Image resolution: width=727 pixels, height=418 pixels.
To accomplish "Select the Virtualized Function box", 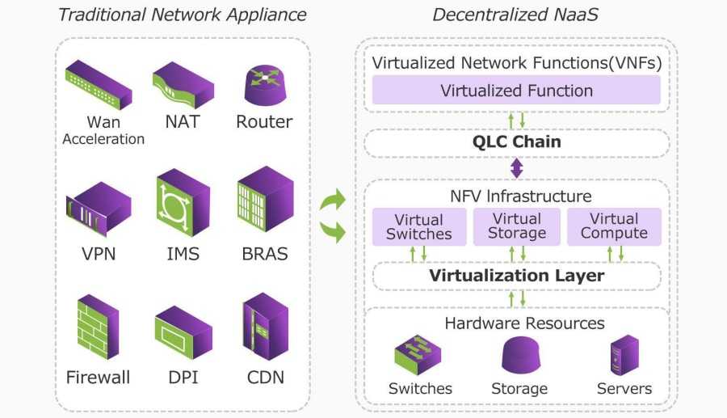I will (x=516, y=91).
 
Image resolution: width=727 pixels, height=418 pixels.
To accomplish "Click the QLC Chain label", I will (x=517, y=142).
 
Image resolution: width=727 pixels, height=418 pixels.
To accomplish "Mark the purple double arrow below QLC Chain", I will (x=517, y=169).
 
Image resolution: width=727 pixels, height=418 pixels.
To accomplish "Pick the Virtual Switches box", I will (x=419, y=226).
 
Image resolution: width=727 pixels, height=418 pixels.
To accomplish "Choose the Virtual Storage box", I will (x=517, y=226).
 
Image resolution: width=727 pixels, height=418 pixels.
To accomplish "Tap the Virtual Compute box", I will (x=614, y=226).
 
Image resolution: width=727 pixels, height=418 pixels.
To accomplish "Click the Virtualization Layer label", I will (x=517, y=275).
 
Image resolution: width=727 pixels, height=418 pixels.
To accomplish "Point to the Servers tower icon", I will (x=624, y=354).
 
